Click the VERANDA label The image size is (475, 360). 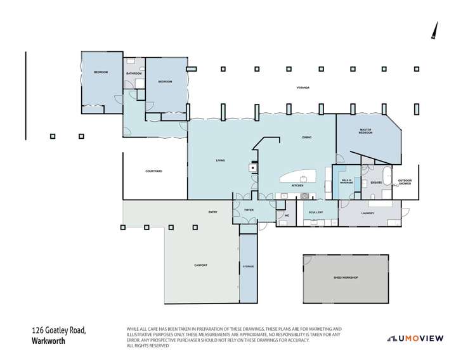pos(303,87)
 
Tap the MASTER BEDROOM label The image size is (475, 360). pos(365,131)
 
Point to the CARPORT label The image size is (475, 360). pos(201,265)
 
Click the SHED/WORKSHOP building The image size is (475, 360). pos(346,278)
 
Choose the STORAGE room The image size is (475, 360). pos(248,266)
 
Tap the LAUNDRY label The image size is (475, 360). pos(368,213)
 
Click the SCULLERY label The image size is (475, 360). pos(316,212)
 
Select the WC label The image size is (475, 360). pos(287,216)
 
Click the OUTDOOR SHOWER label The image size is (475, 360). pos(405,182)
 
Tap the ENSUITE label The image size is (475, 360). pos(376,183)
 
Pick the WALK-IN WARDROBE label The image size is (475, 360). pos(346,182)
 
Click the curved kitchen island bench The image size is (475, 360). pos(298,175)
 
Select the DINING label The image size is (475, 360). pos(306,138)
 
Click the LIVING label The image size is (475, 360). pos(221,161)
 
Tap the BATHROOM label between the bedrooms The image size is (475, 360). pos(134,74)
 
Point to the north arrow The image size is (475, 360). pos(434,30)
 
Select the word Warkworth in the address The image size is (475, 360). pos(49,340)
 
